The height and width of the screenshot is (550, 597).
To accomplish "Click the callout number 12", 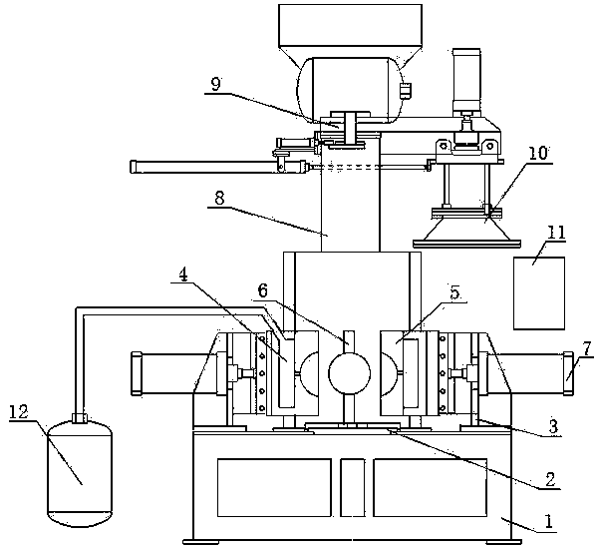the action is (x=19, y=412).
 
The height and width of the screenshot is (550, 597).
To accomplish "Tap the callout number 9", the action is (x=215, y=84).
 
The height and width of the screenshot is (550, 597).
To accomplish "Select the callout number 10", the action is (x=537, y=154).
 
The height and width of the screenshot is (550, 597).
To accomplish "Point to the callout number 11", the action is (x=556, y=233).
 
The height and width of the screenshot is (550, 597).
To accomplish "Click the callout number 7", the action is (x=587, y=348).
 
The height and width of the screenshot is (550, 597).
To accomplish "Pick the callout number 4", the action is (x=183, y=275).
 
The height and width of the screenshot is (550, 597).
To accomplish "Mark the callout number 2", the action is (x=550, y=479).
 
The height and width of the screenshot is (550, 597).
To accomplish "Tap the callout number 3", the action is (x=553, y=426).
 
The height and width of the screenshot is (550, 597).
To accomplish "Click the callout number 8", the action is (x=219, y=199).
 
